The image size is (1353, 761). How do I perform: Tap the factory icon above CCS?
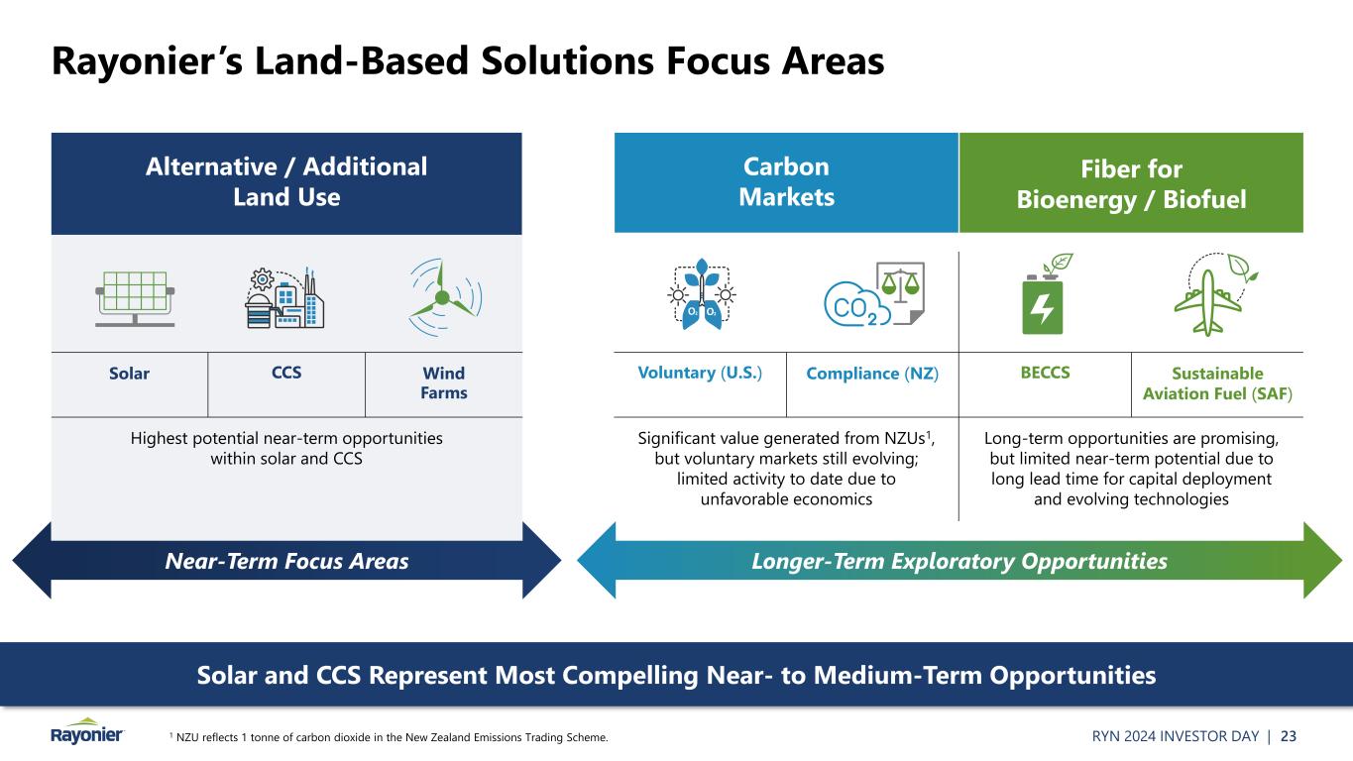(284, 297)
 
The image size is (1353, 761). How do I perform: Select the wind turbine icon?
(445, 297)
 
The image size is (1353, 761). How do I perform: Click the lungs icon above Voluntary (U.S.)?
(701, 294)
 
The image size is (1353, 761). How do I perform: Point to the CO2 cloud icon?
(874, 294)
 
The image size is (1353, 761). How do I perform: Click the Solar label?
(129, 374)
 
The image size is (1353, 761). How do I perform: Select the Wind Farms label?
(444, 382)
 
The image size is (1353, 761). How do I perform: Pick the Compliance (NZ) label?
(872, 374)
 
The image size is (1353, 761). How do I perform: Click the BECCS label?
(1045, 373)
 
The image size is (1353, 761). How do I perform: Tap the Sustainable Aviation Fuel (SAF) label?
(1217, 383)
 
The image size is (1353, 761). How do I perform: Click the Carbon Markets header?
(786, 181)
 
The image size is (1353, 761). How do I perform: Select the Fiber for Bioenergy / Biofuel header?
(1131, 184)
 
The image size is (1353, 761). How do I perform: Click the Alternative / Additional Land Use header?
(286, 181)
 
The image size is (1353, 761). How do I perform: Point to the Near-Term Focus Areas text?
(286, 561)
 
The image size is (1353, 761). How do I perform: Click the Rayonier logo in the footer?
(87, 731)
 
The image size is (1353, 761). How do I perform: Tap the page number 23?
(1289, 736)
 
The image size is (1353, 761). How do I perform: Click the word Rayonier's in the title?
(147, 61)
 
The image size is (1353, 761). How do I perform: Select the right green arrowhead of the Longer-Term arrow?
(1323, 561)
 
